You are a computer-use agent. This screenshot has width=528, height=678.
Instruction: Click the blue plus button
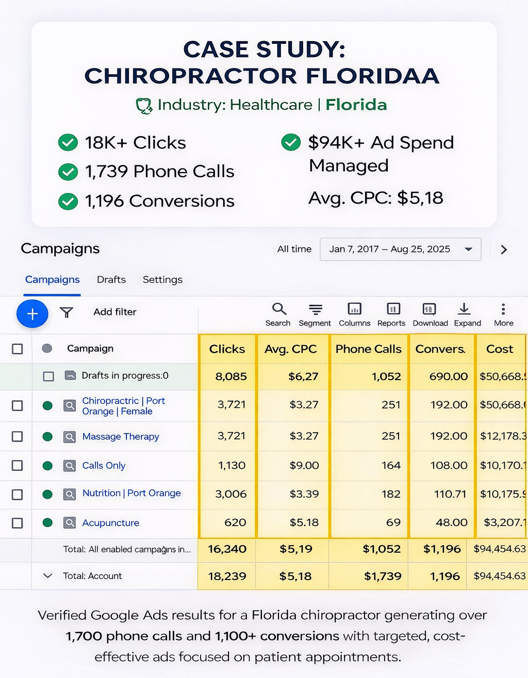pyautogui.click(x=32, y=313)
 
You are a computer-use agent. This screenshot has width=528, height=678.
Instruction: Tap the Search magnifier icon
pyautogui.click(x=278, y=309)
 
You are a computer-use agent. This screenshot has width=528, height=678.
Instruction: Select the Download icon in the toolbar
pyautogui.click(x=430, y=309)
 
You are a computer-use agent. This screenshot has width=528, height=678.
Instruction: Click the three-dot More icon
pyautogui.click(x=503, y=309)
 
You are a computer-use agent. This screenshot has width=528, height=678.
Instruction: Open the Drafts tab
pyautogui.click(x=111, y=279)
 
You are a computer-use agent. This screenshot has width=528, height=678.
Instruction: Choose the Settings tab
pyautogui.click(x=162, y=279)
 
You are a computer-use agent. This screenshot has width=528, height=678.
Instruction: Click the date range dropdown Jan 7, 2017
pyautogui.click(x=400, y=249)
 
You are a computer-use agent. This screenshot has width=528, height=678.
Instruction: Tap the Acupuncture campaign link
pyautogui.click(x=111, y=523)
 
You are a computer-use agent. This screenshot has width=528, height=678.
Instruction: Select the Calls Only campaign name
pyautogui.click(x=104, y=465)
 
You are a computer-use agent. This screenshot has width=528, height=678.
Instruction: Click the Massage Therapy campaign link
pyautogui.click(x=121, y=436)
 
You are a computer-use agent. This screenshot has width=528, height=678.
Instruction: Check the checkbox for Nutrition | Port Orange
pyautogui.click(x=18, y=494)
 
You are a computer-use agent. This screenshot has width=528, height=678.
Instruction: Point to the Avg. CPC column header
pyautogui.click(x=290, y=349)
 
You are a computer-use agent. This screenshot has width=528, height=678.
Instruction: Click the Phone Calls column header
pyautogui.click(x=368, y=349)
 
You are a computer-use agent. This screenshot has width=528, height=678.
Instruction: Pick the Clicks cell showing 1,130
pyautogui.click(x=232, y=465)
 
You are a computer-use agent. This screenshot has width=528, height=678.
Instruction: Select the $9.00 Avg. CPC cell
pyautogui.click(x=304, y=465)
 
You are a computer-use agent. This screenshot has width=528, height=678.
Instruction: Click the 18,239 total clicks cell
pyautogui.click(x=227, y=576)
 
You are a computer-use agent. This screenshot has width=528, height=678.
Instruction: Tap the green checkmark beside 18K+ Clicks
pyautogui.click(x=68, y=142)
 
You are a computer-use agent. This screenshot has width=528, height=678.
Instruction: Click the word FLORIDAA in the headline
pyautogui.click(x=372, y=76)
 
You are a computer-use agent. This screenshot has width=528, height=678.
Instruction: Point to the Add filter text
pyautogui.click(x=115, y=312)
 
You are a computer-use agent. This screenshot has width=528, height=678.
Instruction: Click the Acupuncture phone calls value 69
pyautogui.click(x=393, y=522)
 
